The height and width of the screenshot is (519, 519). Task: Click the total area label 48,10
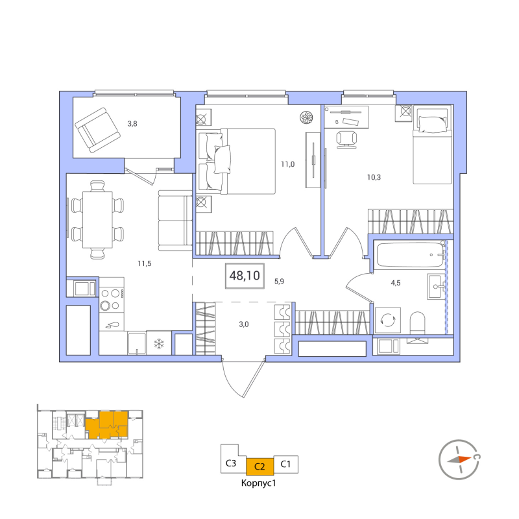[x=245, y=275]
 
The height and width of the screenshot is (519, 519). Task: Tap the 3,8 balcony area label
[x=132, y=124]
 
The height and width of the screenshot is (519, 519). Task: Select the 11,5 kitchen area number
[x=145, y=263]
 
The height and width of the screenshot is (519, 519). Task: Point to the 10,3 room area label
[x=374, y=177]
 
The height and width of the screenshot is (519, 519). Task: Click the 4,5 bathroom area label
[x=396, y=283]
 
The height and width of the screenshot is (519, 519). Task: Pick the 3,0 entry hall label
[x=244, y=324]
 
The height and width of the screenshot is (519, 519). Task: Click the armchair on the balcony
[x=97, y=130]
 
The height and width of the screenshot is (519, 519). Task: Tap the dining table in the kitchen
[x=97, y=219]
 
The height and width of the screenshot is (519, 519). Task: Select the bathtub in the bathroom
[x=411, y=255]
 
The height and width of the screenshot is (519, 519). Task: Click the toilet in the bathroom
[x=417, y=322]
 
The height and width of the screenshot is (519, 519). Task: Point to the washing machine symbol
[x=387, y=320]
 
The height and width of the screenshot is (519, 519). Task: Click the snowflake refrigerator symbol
[x=159, y=343]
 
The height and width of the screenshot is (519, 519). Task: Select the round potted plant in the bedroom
[x=306, y=117]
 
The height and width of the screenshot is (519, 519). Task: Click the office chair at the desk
[x=346, y=139]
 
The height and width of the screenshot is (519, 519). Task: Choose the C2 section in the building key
[x=260, y=466]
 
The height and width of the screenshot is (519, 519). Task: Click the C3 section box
[x=231, y=463]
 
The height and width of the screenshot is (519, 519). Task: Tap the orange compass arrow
[x=459, y=459]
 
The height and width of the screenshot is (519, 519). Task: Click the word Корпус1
[x=258, y=483]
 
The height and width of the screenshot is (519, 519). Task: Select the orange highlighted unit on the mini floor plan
[x=106, y=425]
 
